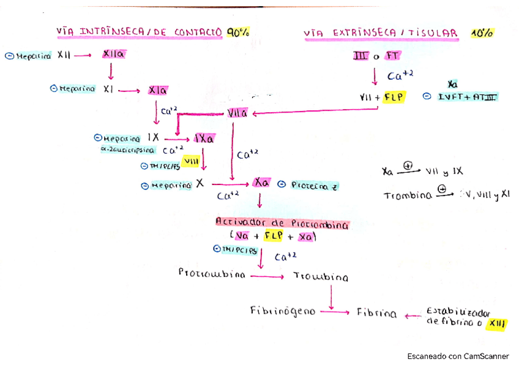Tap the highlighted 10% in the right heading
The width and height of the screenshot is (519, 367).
pos(483,34)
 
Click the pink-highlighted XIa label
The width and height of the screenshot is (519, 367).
pos(158,90)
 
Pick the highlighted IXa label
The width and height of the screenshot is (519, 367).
pos(204,138)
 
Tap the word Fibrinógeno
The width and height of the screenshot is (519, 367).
pos(283,311)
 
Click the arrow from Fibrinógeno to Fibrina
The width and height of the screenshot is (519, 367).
pos(334,312)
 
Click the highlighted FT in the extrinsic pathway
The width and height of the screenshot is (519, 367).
pos(392,56)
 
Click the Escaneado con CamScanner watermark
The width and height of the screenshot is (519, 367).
pos(458,356)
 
